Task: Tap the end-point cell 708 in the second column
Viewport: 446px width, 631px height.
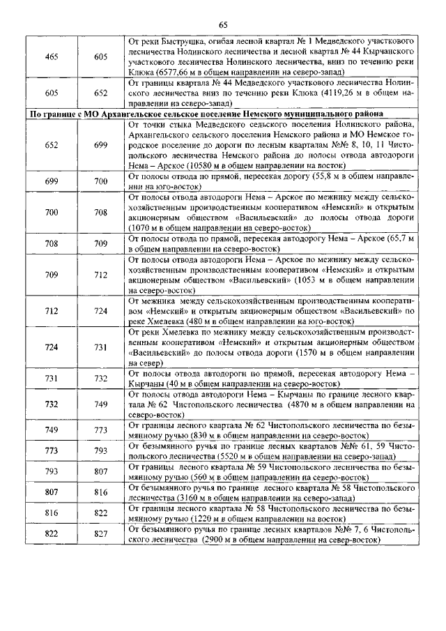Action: point(101,212)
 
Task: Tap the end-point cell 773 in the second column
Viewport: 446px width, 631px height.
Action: point(101,430)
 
